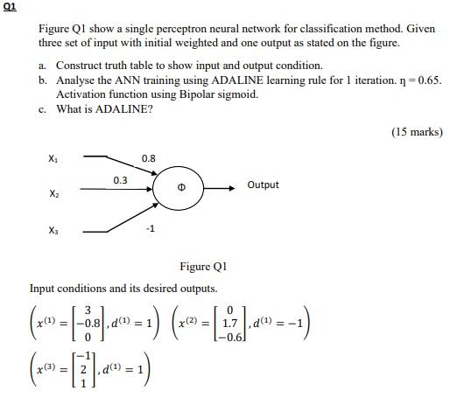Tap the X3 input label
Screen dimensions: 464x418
pos(55,231)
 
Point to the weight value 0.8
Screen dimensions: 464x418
pos(148,158)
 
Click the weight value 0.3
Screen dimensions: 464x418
pos(120,180)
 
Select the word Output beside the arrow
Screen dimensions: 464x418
pos(263,185)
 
